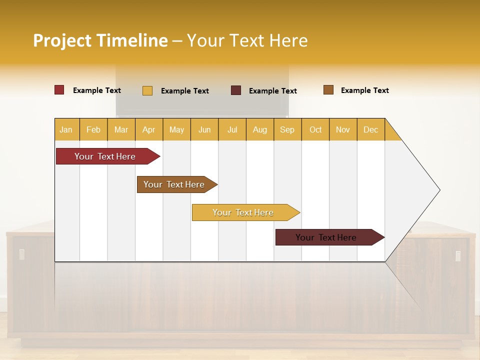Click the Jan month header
(66, 129)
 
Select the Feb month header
(93, 129)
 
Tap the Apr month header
(149, 129)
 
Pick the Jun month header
(204, 129)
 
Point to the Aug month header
(260, 129)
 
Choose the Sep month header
(287, 129)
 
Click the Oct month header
(315, 129)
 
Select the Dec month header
(371, 129)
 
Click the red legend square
(59, 90)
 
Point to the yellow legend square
(147, 90)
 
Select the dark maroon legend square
(236, 90)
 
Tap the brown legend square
(328, 90)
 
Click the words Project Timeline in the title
(100, 40)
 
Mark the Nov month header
(343, 129)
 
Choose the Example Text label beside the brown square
(364, 90)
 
